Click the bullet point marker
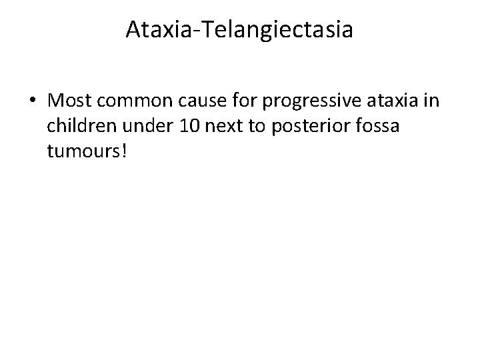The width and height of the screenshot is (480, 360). point(33,102)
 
